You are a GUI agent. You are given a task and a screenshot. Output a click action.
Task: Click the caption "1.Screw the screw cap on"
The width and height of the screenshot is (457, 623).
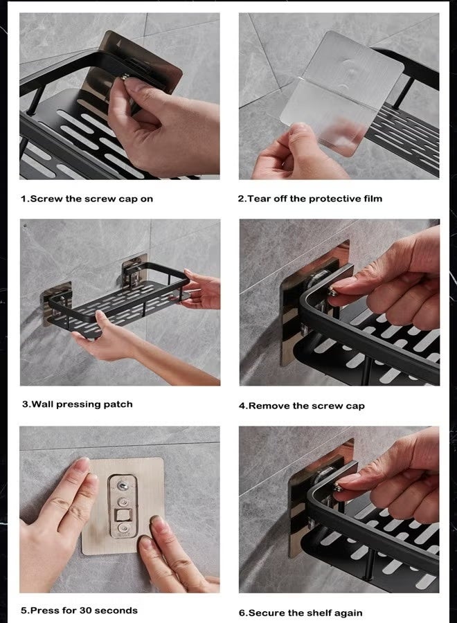[x=87, y=199]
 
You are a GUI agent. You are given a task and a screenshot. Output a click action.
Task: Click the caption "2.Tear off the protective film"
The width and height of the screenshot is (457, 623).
[x=310, y=199]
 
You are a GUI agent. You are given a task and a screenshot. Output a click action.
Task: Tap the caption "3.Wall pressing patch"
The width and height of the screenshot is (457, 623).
[x=78, y=404]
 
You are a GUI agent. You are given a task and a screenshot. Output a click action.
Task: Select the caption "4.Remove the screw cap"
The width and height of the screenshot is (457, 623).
[x=302, y=406]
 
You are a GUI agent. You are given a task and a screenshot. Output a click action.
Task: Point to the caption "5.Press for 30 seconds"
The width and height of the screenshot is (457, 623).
[x=79, y=611]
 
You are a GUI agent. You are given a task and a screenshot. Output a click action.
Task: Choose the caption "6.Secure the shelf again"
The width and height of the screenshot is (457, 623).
[x=301, y=613]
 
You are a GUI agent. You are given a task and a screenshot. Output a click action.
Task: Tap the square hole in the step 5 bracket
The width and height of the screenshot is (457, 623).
[x=122, y=516]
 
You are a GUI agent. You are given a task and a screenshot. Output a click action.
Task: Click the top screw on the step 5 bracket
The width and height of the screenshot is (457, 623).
[x=123, y=485]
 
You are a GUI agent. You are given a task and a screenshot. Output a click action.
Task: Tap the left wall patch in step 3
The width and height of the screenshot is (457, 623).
[x=56, y=303]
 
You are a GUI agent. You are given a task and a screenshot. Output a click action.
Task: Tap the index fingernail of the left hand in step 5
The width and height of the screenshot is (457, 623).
[x=82, y=464]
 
